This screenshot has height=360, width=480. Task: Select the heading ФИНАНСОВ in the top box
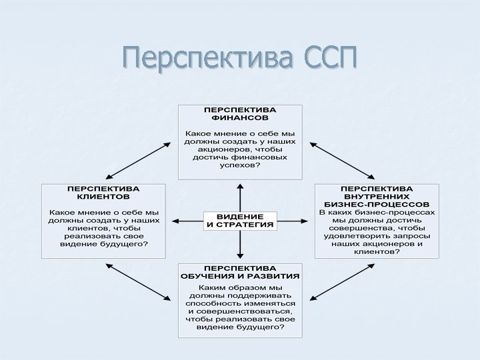[239, 116]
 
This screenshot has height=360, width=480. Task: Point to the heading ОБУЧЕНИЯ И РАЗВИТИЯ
[240, 275]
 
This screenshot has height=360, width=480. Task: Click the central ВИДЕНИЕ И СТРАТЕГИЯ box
[240, 221]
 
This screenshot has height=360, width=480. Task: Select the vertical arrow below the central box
[239, 243]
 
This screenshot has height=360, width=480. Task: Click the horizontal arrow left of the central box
[187, 221]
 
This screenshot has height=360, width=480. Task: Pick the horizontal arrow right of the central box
[294, 221]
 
